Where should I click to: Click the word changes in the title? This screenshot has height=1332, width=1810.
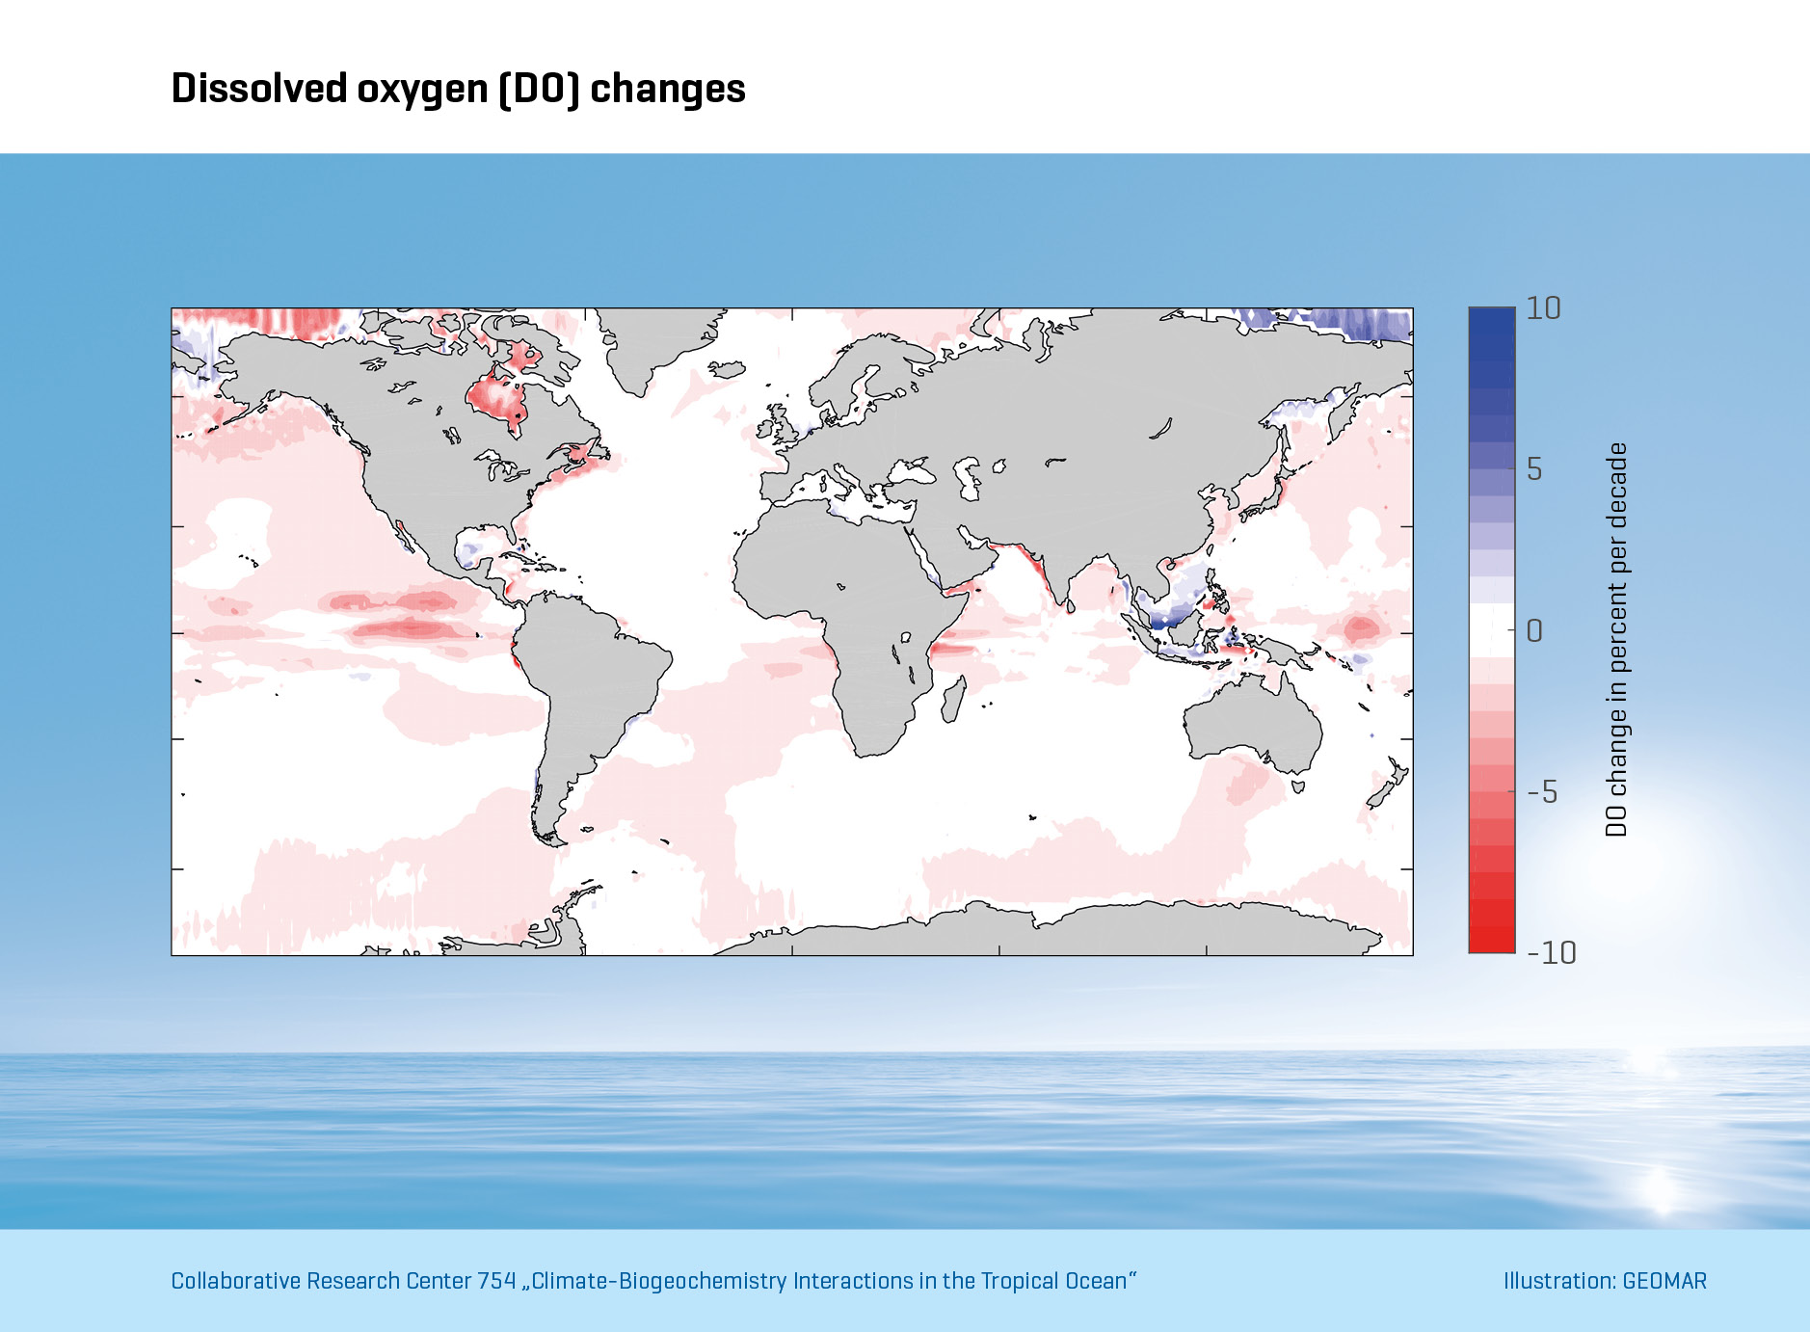(667, 89)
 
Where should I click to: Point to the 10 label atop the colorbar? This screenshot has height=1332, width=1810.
(1543, 308)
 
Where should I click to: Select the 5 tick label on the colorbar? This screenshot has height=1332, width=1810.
(1534, 469)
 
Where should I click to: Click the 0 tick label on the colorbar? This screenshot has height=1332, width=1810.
(1534, 631)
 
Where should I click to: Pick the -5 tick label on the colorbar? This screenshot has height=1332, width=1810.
(1542, 792)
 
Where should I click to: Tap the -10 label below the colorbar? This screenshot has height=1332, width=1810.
(1552, 952)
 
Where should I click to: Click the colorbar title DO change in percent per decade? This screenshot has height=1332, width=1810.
(1616, 639)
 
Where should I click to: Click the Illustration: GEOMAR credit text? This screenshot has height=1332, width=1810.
(1605, 1281)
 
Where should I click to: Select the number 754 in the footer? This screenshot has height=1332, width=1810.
(496, 1281)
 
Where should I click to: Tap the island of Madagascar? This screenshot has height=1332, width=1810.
(953, 699)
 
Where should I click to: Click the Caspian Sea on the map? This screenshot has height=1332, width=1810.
(967, 478)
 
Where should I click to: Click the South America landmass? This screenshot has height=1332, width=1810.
(588, 675)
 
